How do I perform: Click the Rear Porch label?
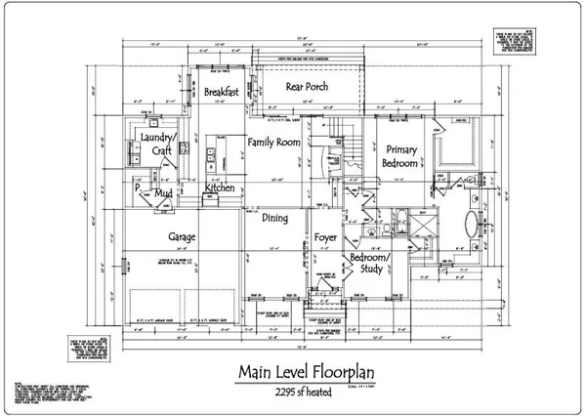pos(306,87)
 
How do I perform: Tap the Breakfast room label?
pos(224,92)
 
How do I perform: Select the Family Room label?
pos(273,143)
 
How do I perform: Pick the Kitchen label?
pos(219,187)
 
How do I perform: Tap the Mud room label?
pos(164,195)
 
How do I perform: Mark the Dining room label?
pos(274,219)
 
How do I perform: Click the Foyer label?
pos(326,237)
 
